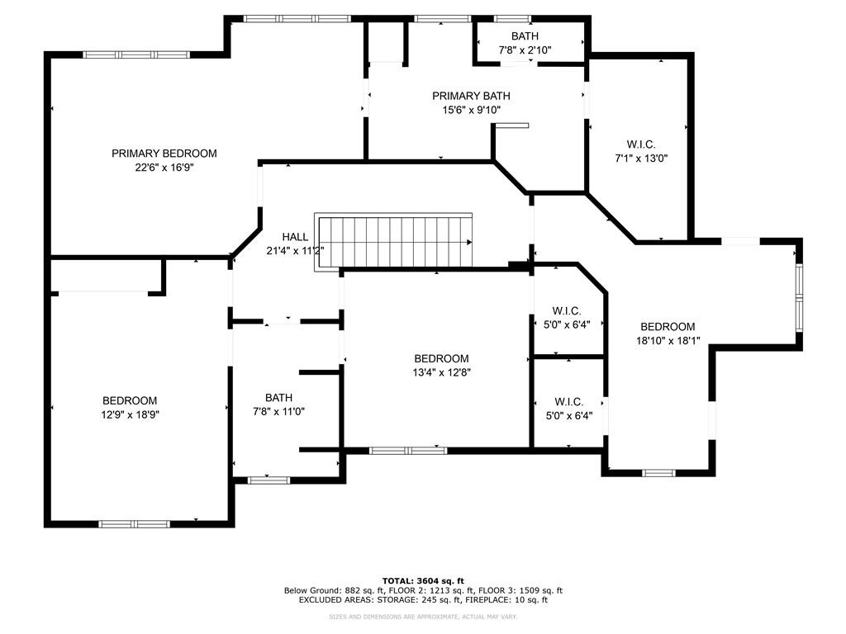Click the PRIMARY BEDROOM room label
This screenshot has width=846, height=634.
pos(164,154)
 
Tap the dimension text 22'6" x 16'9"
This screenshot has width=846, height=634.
pos(164,167)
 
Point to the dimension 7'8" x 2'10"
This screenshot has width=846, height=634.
pos(525,50)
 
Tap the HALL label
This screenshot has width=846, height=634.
pos(295,237)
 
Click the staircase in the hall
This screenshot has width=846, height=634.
pos(397,242)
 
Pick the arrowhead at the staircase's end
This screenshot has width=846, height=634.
pos(469,243)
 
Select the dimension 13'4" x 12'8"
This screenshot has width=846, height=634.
pos(441,371)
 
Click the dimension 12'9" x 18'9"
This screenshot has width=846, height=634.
pos(130,415)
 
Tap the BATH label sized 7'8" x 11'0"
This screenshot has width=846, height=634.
pos(278,398)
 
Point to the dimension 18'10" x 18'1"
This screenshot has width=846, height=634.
pos(668,340)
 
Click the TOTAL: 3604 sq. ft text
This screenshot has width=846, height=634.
pos(423,580)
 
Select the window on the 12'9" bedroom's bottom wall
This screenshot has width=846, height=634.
pos(134,523)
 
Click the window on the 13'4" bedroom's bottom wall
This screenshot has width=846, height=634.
pos(408,451)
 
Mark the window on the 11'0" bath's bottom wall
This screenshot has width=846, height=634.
pos(269,480)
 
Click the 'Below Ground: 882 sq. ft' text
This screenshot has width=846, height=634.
pos(330,590)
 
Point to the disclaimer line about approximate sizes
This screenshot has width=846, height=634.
pos(423,617)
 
